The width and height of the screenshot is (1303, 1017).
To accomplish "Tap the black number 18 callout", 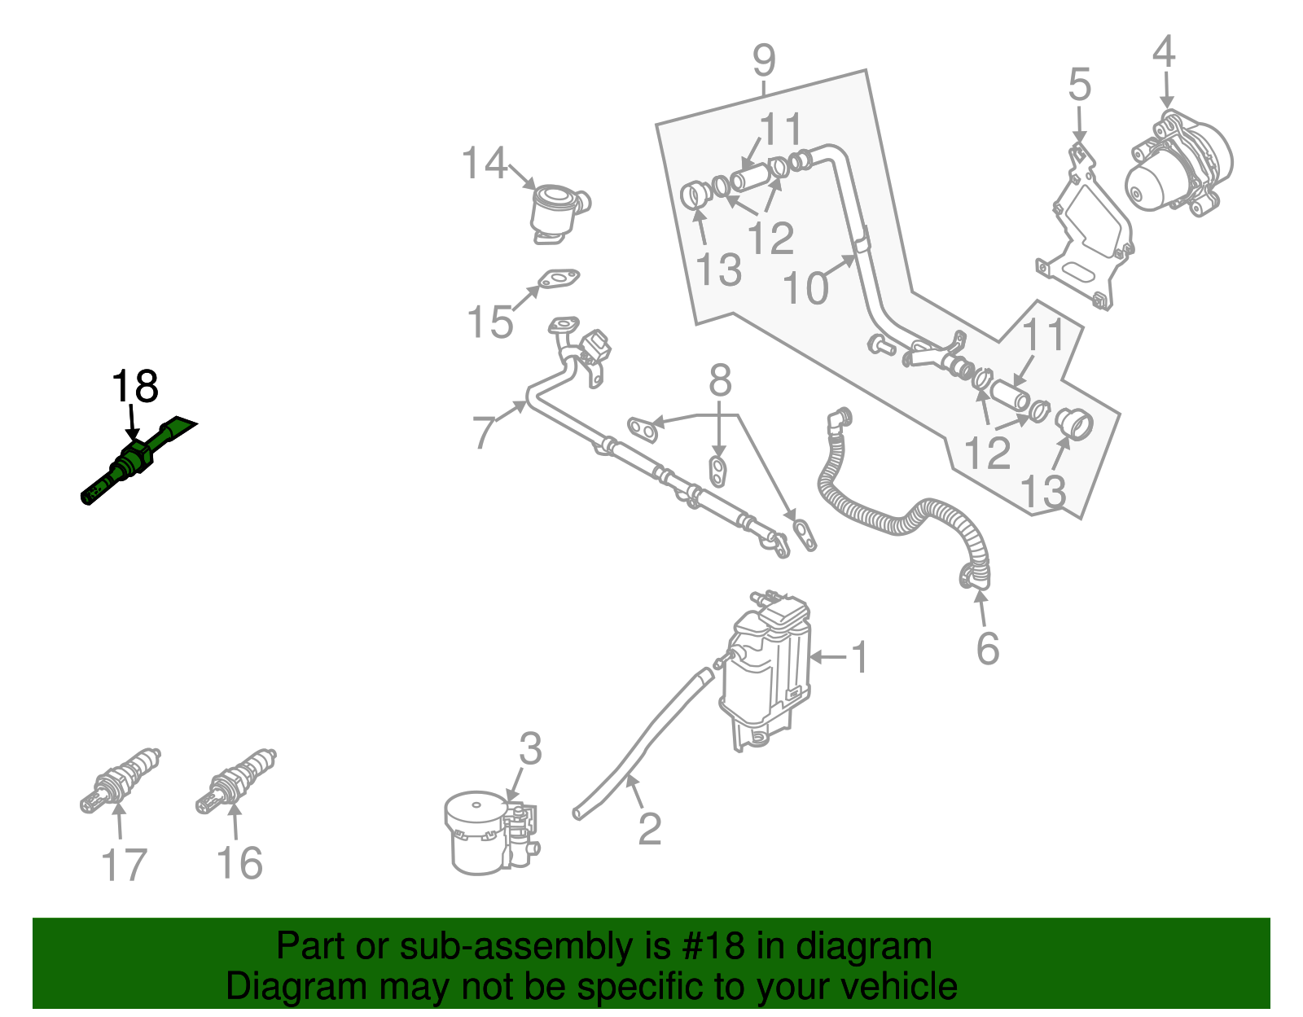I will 134,387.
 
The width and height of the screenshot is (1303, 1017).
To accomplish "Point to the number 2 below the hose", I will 649,830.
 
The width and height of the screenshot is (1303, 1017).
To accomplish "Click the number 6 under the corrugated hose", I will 987,649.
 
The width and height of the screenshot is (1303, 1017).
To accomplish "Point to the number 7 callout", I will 484,430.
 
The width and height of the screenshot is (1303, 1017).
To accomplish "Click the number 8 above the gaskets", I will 720,380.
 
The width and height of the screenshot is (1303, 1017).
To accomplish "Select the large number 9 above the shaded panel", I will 763,59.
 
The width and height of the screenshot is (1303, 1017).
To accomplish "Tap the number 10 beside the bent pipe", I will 805,288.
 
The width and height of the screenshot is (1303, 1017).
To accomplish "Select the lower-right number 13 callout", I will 1042,492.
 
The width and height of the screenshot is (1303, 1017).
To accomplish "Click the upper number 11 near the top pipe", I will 781,129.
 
